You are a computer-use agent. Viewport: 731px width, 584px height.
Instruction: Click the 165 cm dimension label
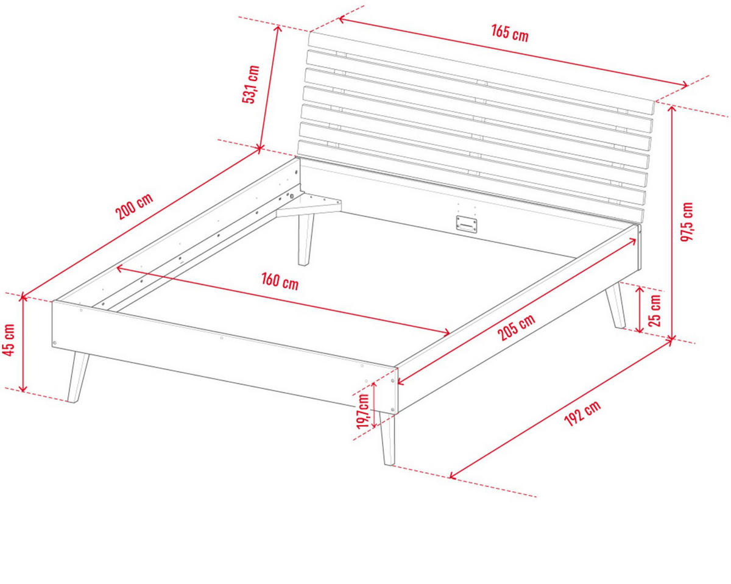click(x=509, y=34)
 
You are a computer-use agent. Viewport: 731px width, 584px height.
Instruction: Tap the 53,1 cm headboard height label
click(x=251, y=84)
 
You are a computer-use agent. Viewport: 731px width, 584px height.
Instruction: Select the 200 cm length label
click(x=134, y=206)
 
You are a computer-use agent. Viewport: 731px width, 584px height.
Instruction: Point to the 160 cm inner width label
click(x=280, y=282)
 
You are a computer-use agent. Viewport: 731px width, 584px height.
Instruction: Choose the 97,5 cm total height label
click(x=687, y=222)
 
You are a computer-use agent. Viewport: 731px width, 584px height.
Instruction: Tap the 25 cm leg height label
click(x=655, y=310)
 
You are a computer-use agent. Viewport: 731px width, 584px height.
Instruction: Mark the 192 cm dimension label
click(x=582, y=413)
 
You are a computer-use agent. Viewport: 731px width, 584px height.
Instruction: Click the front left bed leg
click(x=78, y=378)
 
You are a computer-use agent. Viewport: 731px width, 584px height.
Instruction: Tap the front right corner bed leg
click(x=387, y=438)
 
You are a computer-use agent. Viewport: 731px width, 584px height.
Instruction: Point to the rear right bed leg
click(x=615, y=305)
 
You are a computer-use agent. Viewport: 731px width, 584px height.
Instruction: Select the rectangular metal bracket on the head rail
click(x=467, y=224)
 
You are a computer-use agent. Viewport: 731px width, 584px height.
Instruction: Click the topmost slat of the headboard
click(x=481, y=74)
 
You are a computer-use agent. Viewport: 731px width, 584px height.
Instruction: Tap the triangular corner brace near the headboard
click(x=309, y=205)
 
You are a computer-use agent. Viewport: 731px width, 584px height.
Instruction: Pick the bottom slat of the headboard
click(x=471, y=182)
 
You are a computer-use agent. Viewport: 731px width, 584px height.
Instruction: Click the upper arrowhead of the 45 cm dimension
click(x=23, y=297)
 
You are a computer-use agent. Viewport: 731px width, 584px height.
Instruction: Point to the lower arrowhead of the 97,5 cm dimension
click(x=671, y=338)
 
